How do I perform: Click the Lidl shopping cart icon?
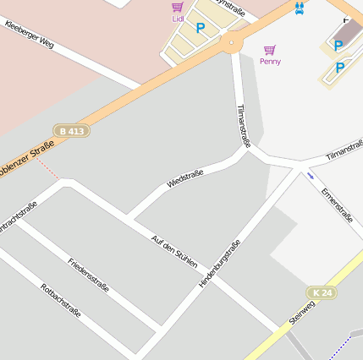pyautogui.click(x=178, y=7)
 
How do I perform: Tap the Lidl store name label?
pyautogui.click(x=178, y=18)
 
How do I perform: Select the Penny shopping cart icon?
pyautogui.click(x=270, y=50)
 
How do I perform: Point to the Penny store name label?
pyautogui.click(x=270, y=61)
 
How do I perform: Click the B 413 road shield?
pyautogui.click(x=71, y=131)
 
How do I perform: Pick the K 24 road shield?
pyautogui.click(x=322, y=292)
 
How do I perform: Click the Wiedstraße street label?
pyautogui.click(x=185, y=177)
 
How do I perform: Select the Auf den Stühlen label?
pyautogui.click(x=174, y=250)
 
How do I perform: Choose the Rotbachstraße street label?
pyautogui.click(x=60, y=300)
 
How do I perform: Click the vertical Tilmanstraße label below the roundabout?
pyautogui.click(x=244, y=125)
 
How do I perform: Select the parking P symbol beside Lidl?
pyautogui.click(x=201, y=28)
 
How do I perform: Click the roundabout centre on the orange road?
pyautogui.click(x=231, y=41)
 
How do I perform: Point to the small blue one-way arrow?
pyautogui.click(x=311, y=176)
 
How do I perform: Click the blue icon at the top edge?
pyautogui.click(x=299, y=8)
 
